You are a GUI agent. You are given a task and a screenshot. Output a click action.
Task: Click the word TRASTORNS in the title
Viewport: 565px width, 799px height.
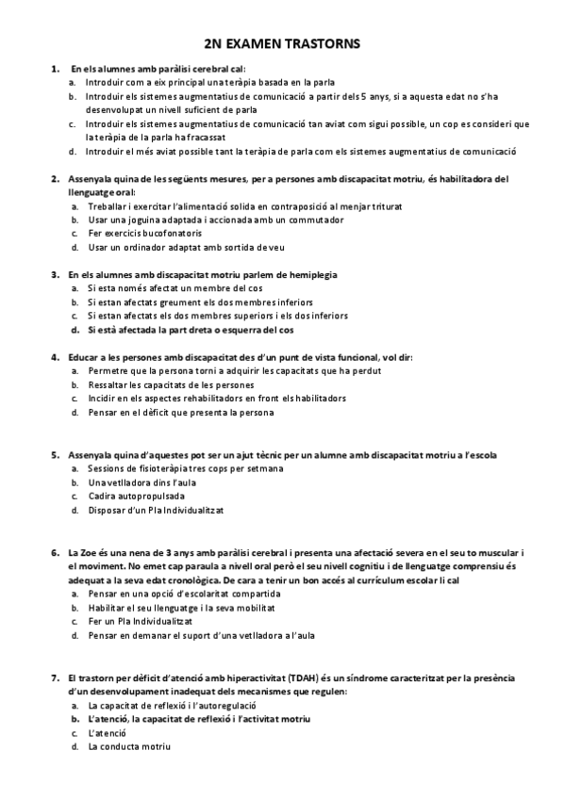click(323, 43)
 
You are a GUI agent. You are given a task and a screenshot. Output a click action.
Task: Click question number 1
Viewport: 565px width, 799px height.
click(53, 69)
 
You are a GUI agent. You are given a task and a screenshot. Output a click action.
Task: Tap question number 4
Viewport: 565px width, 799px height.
click(53, 357)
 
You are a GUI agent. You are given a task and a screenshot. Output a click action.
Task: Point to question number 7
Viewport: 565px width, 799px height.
click(53, 677)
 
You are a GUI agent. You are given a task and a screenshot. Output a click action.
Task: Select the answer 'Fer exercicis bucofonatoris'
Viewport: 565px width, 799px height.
click(141, 233)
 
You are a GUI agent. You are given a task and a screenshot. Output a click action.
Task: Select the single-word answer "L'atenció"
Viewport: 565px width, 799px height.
click(106, 732)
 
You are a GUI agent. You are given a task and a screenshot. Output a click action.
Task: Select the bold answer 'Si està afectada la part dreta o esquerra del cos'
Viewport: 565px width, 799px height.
click(191, 331)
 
